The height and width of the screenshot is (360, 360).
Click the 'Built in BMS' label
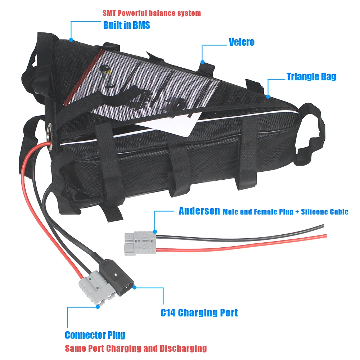[126, 25]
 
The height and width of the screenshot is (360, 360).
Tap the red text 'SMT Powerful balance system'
[152, 13]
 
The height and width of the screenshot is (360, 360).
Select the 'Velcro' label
[242, 42]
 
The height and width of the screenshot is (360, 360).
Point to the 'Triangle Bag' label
[311, 77]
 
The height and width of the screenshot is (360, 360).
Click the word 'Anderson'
[199, 211]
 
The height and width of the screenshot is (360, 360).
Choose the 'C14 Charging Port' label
[199, 312]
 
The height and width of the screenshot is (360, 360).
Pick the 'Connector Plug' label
[95, 335]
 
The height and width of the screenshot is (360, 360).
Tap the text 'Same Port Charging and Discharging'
[136, 348]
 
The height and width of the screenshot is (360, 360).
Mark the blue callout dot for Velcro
[203, 62]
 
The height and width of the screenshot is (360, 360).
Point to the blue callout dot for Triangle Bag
[267, 96]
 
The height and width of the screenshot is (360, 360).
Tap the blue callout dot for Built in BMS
[71, 40]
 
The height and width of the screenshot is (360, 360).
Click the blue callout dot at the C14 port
[134, 287]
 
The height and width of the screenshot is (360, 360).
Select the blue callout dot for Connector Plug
[98, 307]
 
